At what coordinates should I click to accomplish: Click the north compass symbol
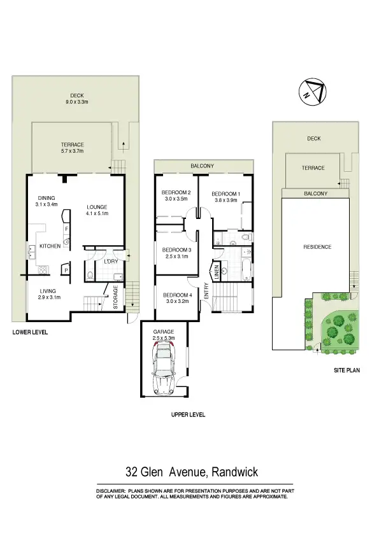(312, 92)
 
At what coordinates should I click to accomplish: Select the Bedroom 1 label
(225, 194)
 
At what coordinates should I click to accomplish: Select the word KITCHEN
(50, 246)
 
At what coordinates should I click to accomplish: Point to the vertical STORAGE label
(115, 297)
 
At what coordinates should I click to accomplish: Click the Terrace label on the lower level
(72, 145)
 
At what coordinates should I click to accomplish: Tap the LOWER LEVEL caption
(30, 332)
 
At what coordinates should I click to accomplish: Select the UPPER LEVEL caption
(188, 414)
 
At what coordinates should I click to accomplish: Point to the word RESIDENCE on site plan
(317, 247)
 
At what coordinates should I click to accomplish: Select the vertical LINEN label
(217, 271)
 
